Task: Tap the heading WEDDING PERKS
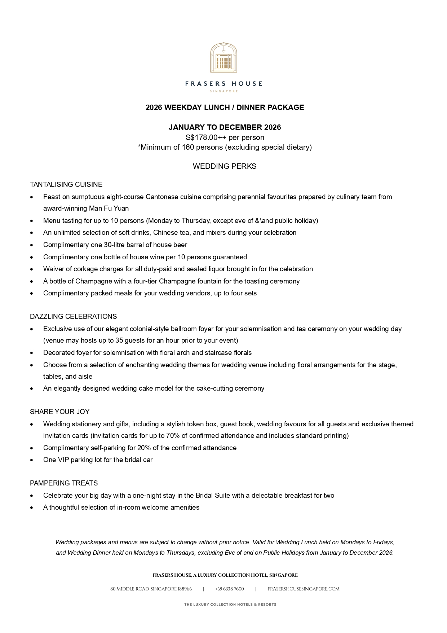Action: click(x=225, y=166)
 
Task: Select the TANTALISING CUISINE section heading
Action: click(x=66, y=185)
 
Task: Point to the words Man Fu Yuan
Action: click(x=109, y=208)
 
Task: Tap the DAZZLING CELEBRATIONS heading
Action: click(x=73, y=317)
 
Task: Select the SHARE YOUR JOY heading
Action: click(x=59, y=412)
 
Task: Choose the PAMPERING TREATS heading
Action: click(x=64, y=483)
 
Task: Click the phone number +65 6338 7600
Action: click(x=229, y=589)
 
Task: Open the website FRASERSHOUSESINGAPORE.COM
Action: click(x=303, y=589)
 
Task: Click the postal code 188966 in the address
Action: click(x=185, y=589)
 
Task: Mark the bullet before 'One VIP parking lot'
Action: click(x=32, y=460)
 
